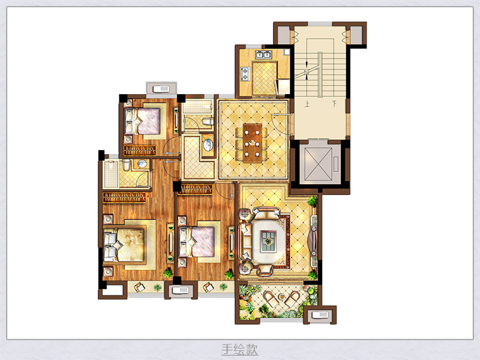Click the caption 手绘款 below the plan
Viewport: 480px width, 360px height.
[x=239, y=349]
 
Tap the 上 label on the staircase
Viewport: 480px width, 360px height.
[x=307, y=104]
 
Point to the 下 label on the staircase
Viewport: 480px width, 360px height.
[x=334, y=104]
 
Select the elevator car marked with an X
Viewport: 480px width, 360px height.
[x=319, y=164]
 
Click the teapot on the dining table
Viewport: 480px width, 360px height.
[x=253, y=143]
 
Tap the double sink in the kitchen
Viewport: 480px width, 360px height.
[x=263, y=55]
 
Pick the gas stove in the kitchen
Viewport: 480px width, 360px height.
[x=245, y=74]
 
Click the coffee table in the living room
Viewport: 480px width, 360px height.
[x=268, y=242]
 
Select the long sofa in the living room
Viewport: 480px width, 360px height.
[x=245, y=241]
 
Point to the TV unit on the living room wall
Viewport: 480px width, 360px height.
[x=314, y=241]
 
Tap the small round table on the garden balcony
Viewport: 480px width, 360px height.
[x=281, y=296]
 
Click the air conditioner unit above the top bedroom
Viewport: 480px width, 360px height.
[x=161, y=89]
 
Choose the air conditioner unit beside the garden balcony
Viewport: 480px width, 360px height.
[x=320, y=315]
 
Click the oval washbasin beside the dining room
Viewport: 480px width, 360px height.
[x=208, y=145]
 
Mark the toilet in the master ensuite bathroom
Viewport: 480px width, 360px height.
[x=126, y=164]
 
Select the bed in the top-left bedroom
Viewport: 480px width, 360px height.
[x=142, y=121]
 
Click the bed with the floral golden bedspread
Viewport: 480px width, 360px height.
[x=124, y=245]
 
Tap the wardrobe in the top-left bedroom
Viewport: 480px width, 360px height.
[x=140, y=151]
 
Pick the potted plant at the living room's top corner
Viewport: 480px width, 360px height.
[x=312, y=201]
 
